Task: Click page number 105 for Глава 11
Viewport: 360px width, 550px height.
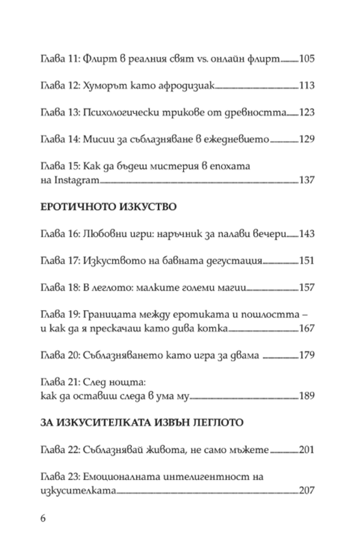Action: (x=306, y=59)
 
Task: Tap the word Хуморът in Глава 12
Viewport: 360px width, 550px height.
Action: (x=102, y=86)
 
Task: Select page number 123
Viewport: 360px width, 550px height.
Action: (x=306, y=112)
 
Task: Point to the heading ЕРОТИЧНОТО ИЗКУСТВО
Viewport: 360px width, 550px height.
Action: (x=108, y=207)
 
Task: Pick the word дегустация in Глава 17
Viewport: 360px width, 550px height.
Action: (x=235, y=261)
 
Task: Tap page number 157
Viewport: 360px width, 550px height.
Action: (x=306, y=287)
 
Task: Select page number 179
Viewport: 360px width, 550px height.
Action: (x=306, y=355)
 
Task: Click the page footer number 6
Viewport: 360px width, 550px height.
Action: (x=44, y=518)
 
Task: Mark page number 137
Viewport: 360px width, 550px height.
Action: (x=306, y=180)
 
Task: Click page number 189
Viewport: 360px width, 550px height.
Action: (x=306, y=396)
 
